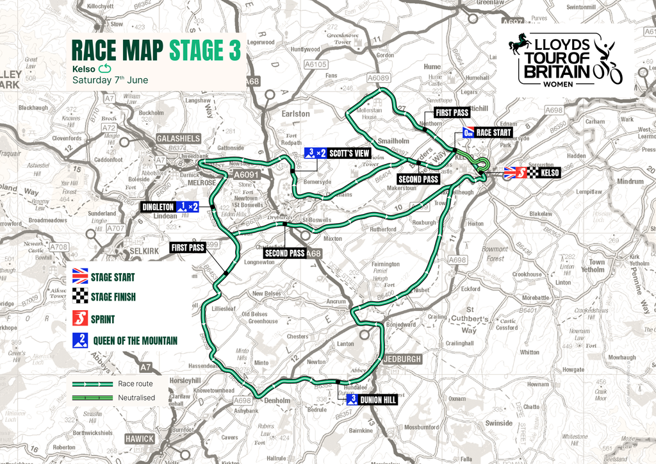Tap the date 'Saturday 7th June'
(110, 80)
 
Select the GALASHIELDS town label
(178, 138)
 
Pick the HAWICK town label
(140, 439)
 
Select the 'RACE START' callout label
(494, 133)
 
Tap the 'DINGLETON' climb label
(157, 206)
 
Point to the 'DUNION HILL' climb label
(378, 400)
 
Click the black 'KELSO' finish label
(550, 172)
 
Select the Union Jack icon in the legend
(81, 278)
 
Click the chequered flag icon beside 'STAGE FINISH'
(81, 297)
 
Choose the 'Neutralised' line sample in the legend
(90, 397)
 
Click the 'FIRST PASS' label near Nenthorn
(452, 112)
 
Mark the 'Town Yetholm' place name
(596, 266)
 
